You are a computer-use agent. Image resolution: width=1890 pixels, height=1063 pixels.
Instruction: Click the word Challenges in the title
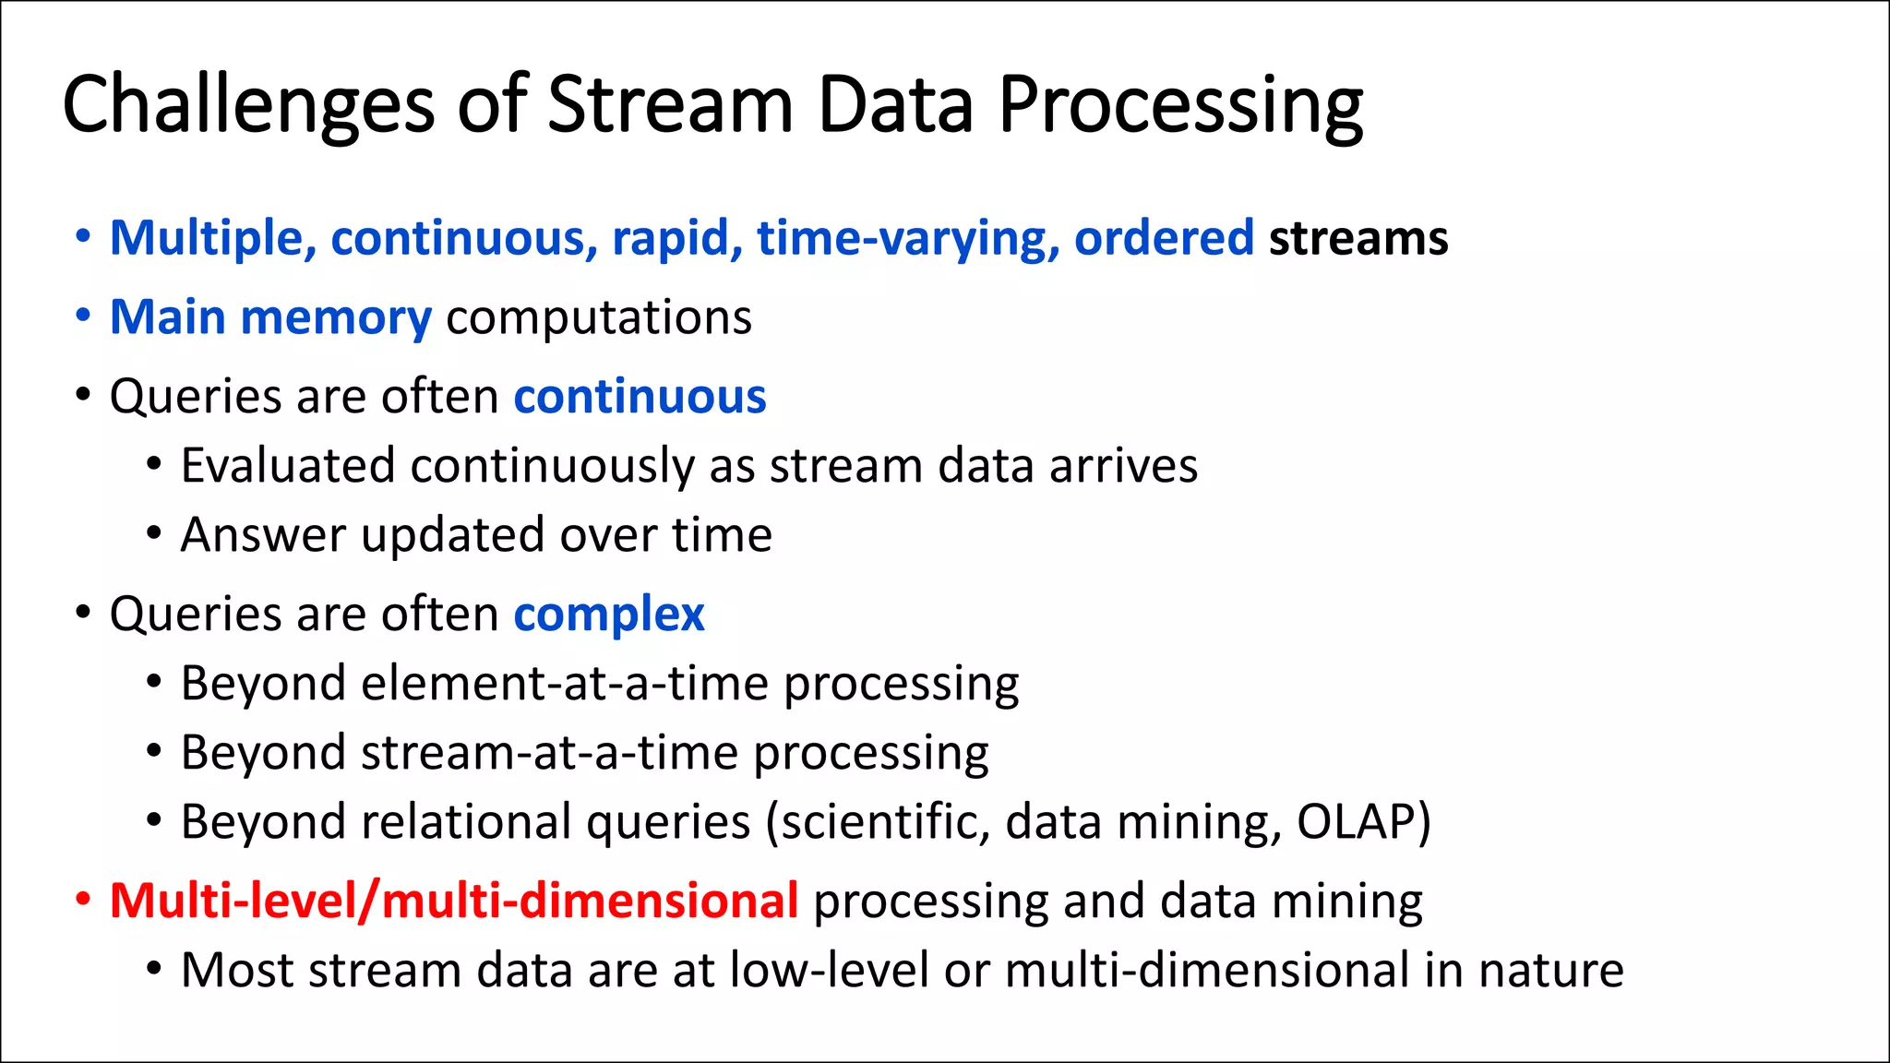tap(247, 105)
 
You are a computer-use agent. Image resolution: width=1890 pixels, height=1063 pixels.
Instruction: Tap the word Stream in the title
tap(670, 105)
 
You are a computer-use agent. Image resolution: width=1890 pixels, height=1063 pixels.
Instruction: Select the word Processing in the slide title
tap(1180, 105)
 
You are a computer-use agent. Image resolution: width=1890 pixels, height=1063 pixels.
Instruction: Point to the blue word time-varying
tap(908, 238)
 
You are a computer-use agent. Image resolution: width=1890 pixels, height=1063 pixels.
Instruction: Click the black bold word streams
tap(1358, 238)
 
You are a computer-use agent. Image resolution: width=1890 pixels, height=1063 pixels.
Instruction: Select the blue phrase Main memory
tap(270, 317)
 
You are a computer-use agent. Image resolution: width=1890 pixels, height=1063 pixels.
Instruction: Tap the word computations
tap(599, 317)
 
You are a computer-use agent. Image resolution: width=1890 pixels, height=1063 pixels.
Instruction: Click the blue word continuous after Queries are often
tap(640, 397)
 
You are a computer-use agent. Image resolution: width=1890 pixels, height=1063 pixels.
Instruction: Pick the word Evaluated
tap(287, 465)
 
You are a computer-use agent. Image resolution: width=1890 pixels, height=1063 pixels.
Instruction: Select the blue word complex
tap(609, 615)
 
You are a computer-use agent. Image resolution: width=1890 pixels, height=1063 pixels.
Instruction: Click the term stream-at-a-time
tap(549, 753)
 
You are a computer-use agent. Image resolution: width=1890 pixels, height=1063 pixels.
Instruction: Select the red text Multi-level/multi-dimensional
tap(453, 901)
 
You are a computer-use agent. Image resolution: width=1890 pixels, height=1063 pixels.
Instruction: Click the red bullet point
tap(83, 900)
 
